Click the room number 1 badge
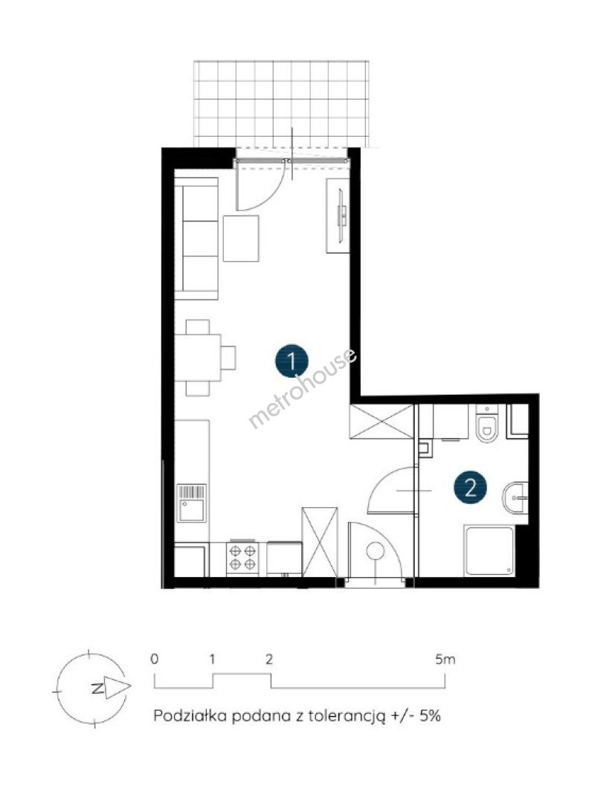[x=291, y=361]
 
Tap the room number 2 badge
[x=470, y=488]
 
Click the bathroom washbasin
[x=515, y=497]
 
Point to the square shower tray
[x=489, y=550]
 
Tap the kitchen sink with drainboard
[x=192, y=503]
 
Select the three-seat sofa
[x=196, y=238]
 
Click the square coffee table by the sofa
[x=241, y=239]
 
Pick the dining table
[x=199, y=358]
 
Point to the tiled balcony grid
[x=281, y=103]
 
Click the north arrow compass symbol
[x=91, y=688]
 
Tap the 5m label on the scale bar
[x=445, y=659]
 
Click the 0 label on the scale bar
[x=154, y=659]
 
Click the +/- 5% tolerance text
[x=416, y=715]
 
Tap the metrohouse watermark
[x=302, y=388]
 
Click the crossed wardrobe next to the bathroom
[x=381, y=422]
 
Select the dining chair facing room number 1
[x=228, y=358]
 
